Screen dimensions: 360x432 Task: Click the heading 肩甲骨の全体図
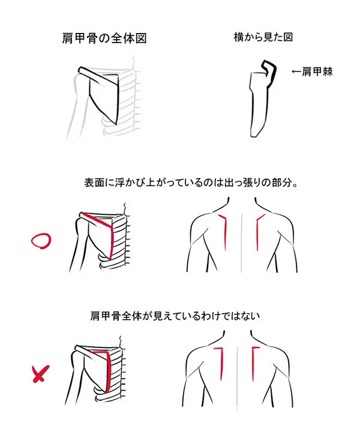[x=104, y=38]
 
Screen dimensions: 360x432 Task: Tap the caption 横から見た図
[x=263, y=37]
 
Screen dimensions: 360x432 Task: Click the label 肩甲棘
[x=317, y=71]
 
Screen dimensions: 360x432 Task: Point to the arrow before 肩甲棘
[x=296, y=71]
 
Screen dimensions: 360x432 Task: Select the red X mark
[x=41, y=374]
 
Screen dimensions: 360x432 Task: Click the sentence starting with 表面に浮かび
[x=191, y=182]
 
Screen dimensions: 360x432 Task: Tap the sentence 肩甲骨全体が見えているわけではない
[x=175, y=316]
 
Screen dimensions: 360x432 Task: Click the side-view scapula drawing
[x=262, y=98]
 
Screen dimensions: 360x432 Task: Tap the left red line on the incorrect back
[x=221, y=364]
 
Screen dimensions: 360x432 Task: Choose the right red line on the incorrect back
[x=253, y=364]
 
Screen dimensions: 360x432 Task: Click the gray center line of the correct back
[x=242, y=242]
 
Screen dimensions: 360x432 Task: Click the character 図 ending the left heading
[x=141, y=38]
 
